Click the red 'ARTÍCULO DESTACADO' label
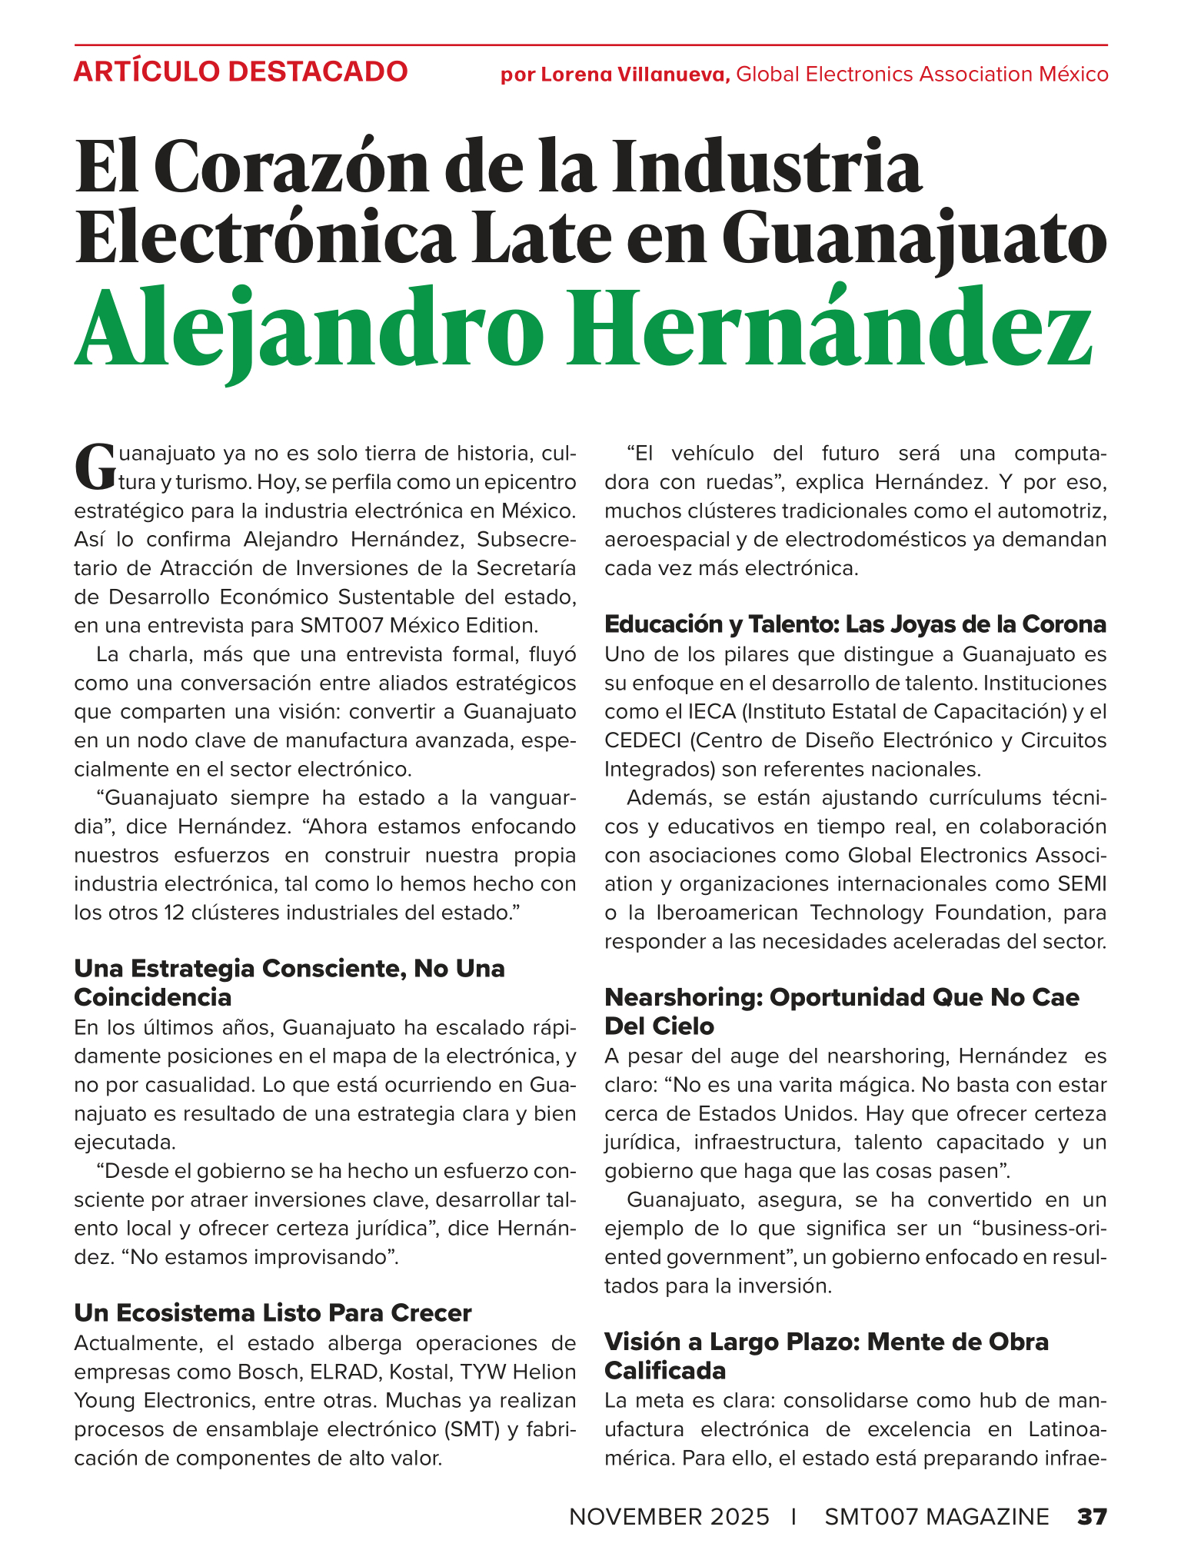(x=241, y=72)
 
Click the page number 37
(x=1090, y=1516)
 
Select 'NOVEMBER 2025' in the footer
(x=669, y=1516)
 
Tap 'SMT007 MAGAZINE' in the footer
(x=936, y=1516)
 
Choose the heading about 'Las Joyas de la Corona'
(x=856, y=624)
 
